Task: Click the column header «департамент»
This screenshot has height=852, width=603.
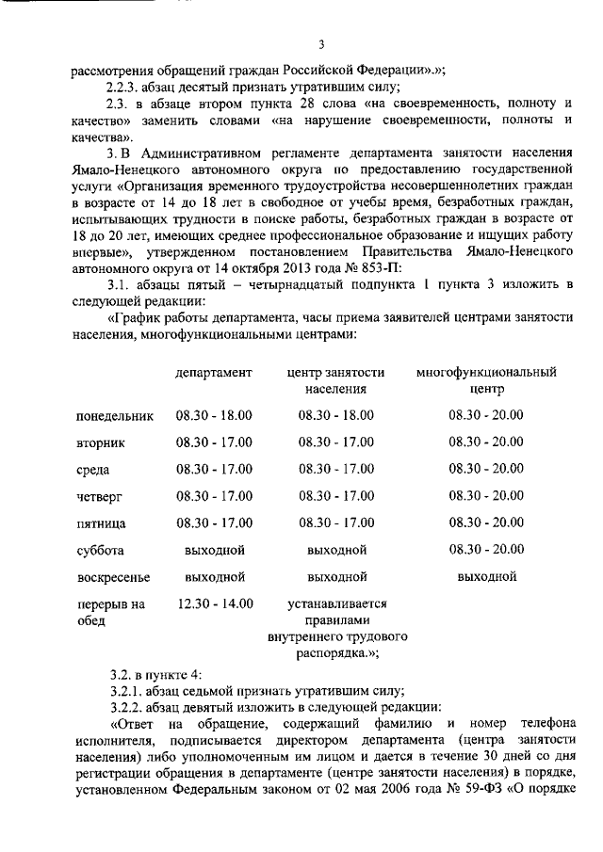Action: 214,373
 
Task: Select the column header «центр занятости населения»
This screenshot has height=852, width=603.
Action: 335,380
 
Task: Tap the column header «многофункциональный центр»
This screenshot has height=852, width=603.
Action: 486,380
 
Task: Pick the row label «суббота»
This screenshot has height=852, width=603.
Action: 101,551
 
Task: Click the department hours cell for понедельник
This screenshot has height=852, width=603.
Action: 214,414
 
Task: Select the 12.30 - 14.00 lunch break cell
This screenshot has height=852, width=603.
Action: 214,603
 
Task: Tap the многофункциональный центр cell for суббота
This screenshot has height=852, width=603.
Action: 486,550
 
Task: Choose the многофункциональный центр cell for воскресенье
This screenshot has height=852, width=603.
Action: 486,576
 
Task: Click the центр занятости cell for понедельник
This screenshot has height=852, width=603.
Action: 335,414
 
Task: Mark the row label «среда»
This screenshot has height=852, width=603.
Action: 93,469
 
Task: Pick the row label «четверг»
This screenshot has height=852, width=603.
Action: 99,496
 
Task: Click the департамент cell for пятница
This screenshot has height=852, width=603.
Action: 214,522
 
